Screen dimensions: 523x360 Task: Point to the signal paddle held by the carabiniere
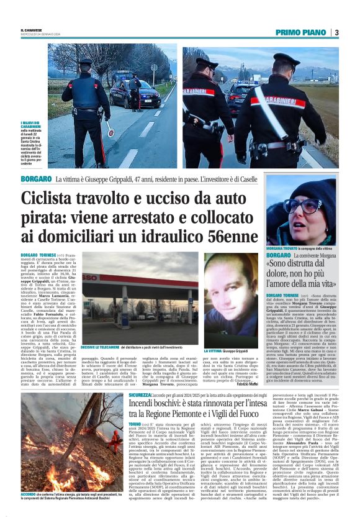click(110, 130)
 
